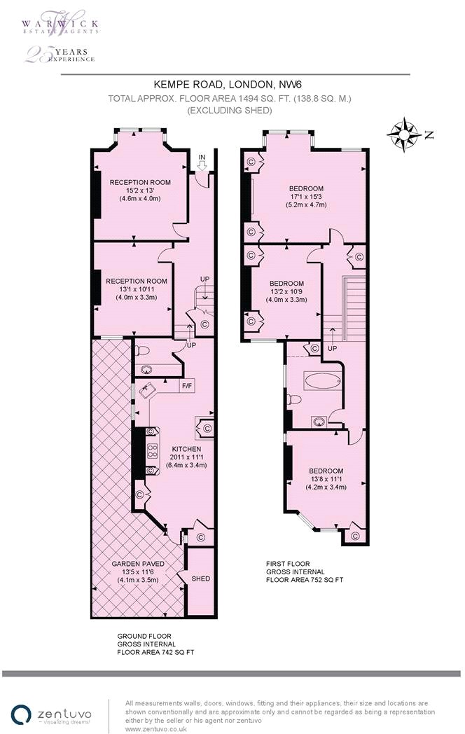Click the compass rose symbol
pos(403,134)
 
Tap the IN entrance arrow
pos(202,165)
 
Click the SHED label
pos(201,579)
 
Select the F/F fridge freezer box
pos(188,386)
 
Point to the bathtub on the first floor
pos(323,381)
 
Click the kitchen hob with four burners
pos(152,451)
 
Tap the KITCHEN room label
pos(186,450)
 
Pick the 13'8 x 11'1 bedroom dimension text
pos(326,479)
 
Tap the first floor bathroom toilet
pos(294,401)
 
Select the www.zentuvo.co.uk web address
pos(156,728)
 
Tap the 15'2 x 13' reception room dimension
pos(140,190)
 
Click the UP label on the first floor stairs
pos(332,349)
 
